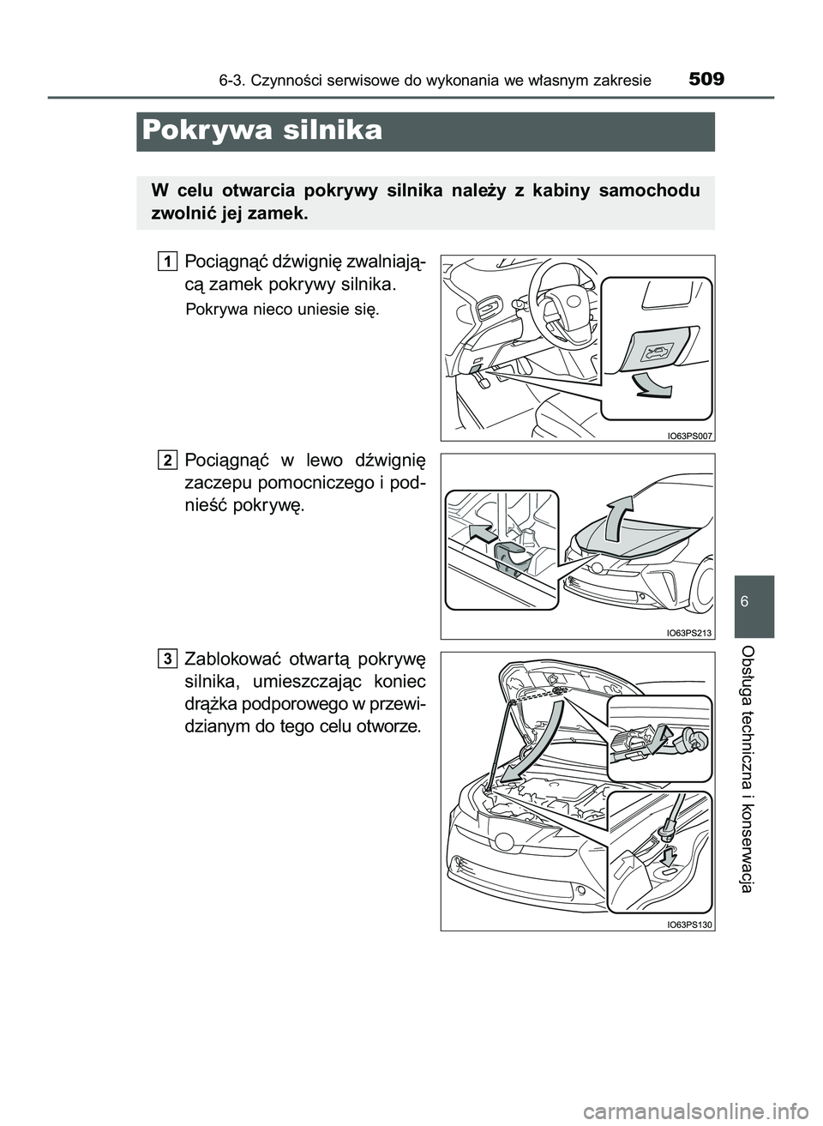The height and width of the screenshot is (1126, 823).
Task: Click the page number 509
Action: pyautogui.click(x=706, y=80)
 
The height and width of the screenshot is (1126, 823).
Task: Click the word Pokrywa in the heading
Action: pyautogui.click(x=199, y=131)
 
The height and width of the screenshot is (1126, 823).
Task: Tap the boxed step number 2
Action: pyautogui.click(x=169, y=460)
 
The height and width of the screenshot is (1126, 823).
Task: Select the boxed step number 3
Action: pyautogui.click(x=169, y=658)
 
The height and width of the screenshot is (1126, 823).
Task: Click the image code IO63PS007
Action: pyautogui.click(x=689, y=435)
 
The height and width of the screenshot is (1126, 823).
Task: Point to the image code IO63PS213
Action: pyautogui.click(x=689, y=633)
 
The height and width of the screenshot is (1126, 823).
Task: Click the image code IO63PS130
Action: pyautogui.click(x=689, y=924)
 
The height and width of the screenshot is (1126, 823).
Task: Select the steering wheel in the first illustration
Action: pyautogui.click(x=558, y=304)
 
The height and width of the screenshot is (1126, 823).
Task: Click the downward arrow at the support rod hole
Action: pyautogui.click(x=669, y=854)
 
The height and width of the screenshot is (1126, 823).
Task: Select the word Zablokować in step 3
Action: pyautogui.click(x=230, y=660)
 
